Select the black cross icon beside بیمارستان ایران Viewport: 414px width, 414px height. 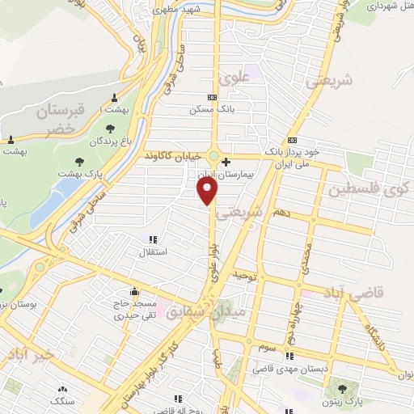point(226,162)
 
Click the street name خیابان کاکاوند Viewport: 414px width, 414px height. point(171,154)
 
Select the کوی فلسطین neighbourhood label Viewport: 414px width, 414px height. point(365,191)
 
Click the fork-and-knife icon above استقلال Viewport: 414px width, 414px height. point(151,239)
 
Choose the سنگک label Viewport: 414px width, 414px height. point(61,400)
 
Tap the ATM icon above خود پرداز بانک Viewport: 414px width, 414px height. point(293,139)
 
